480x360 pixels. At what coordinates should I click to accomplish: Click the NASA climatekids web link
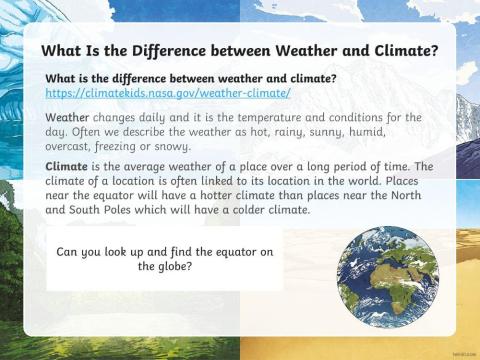[168, 93]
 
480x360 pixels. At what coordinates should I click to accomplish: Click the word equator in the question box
[225, 252]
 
